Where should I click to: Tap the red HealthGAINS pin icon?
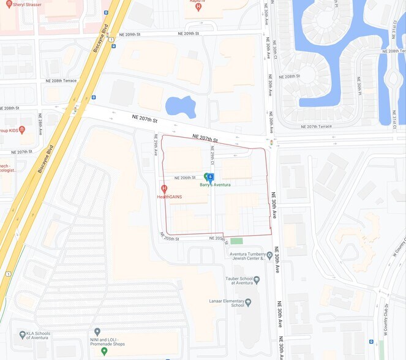(x=164, y=189)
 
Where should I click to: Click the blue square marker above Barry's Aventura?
(x=211, y=176)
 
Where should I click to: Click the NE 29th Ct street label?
(x=212, y=156)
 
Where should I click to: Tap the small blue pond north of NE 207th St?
(x=180, y=107)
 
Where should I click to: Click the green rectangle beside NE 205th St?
(x=236, y=241)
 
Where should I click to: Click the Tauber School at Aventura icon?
(x=257, y=280)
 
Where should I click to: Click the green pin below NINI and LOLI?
(x=104, y=351)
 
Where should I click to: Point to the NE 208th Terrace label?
(x=61, y=81)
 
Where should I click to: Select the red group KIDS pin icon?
(x=22, y=130)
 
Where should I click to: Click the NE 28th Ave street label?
(x=40, y=124)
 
